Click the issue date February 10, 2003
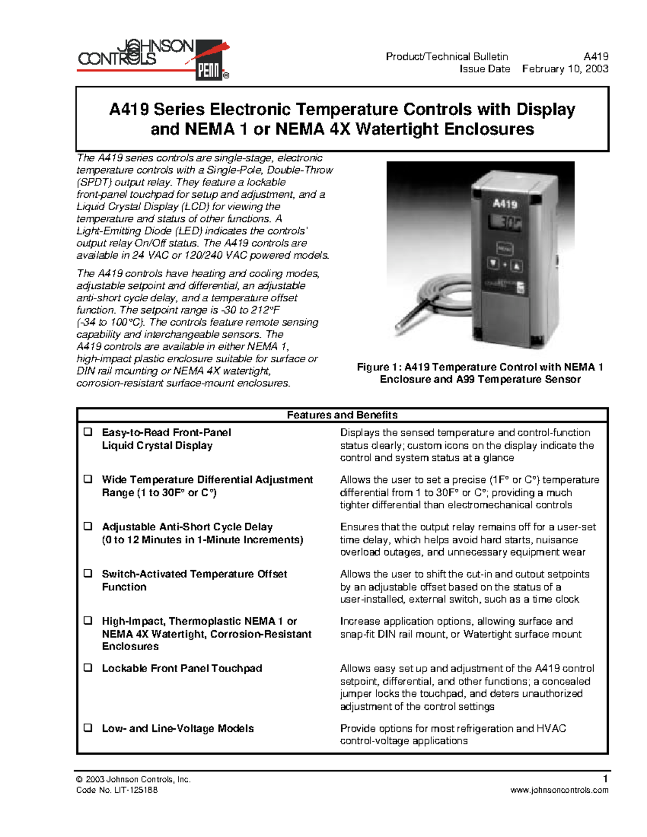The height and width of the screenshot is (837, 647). tap(565, 69)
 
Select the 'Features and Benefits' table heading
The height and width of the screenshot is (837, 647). tap(342, 415)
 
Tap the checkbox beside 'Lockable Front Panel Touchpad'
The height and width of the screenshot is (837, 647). tap(88, 668)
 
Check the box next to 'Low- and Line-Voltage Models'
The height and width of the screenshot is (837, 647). tap(88, 728)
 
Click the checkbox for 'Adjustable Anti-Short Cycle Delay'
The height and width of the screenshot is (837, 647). tap(88, 527)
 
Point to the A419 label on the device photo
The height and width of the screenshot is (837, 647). tap(505, 204)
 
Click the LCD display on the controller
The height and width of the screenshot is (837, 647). tap(506, 223)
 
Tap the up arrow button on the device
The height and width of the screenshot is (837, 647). tap(516, 265)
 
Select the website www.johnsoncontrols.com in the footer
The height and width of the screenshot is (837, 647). tap(559, 790)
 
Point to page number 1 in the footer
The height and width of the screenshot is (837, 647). tap(605, 779)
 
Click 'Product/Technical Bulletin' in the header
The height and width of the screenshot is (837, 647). tap(446, 57)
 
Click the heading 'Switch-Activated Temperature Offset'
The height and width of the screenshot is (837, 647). tap(194, 574)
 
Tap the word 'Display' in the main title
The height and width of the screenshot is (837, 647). tap(546, 109)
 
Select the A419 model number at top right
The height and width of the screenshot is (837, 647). tap(596, 57)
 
